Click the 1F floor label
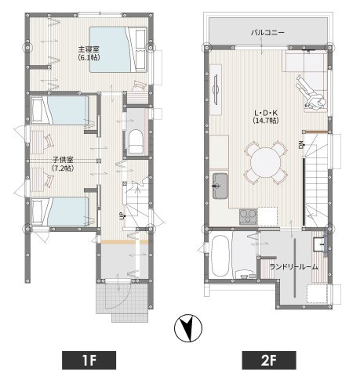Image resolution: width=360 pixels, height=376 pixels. tap(89, 360)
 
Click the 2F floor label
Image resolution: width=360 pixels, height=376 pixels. tap(269, 360)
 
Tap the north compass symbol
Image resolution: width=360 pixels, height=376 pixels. tap(188, 327)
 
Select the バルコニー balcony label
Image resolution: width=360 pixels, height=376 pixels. tap(267, 33)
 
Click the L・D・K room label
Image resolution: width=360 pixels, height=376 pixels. tap(266, 113)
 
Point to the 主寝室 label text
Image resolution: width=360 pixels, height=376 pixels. tap(89, 49)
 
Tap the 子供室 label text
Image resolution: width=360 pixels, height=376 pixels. tap(63, 159)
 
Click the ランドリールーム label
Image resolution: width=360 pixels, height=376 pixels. tap(293, 267)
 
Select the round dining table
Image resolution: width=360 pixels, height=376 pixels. tap(266, 162)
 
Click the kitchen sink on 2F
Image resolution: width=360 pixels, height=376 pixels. tap(220, 186)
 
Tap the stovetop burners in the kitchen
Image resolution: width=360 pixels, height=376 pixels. tap(248, 216)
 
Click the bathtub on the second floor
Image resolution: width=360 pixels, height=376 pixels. tap(220, 256)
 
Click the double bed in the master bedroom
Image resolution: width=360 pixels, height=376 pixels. tap(118, 49)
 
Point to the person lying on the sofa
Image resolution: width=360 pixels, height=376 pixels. tap(311, 92)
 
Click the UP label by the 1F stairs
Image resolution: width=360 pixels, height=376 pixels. tap(121, 216)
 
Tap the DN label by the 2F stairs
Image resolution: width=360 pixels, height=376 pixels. tap(301, 144)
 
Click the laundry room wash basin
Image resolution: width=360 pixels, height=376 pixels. tap(319, 244)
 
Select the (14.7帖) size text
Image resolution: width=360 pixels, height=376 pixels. tap(266, 121)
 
